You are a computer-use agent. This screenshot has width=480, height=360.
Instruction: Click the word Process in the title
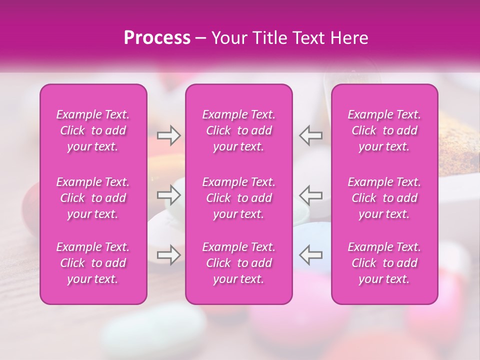click(x=157, y=38)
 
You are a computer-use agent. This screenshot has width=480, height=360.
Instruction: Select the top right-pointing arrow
click(x=169, y=135)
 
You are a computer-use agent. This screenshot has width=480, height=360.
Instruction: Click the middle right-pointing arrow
click(x=169, y=195)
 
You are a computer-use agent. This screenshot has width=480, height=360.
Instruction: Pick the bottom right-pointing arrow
click(x=169, y=255)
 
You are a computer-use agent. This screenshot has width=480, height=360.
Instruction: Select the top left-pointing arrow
click(x=310, y=135)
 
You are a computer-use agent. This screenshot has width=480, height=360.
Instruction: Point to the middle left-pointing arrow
click(x=310, y=195)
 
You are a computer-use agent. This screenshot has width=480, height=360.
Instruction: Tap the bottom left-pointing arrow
click(x=310, y=255)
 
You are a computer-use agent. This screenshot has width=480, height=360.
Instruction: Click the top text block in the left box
click(x=93, y=130)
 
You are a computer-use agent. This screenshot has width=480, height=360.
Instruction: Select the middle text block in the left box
click(x=93, y=198)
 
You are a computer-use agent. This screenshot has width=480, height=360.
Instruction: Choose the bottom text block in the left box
click(x=93, y=263)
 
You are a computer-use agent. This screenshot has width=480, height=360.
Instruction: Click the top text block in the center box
click(x=239, y=130)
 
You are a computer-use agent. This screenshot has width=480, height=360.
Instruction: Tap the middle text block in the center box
click(x=239, y=198)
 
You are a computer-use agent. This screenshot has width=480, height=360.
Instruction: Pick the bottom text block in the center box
click(x=239, y=263)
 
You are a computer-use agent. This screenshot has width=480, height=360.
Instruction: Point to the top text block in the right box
click(x=384, y=130)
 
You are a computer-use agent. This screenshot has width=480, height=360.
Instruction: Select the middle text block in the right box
click(x=384, y=198)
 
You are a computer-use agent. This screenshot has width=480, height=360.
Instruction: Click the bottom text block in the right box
click(x=384, y=263)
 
